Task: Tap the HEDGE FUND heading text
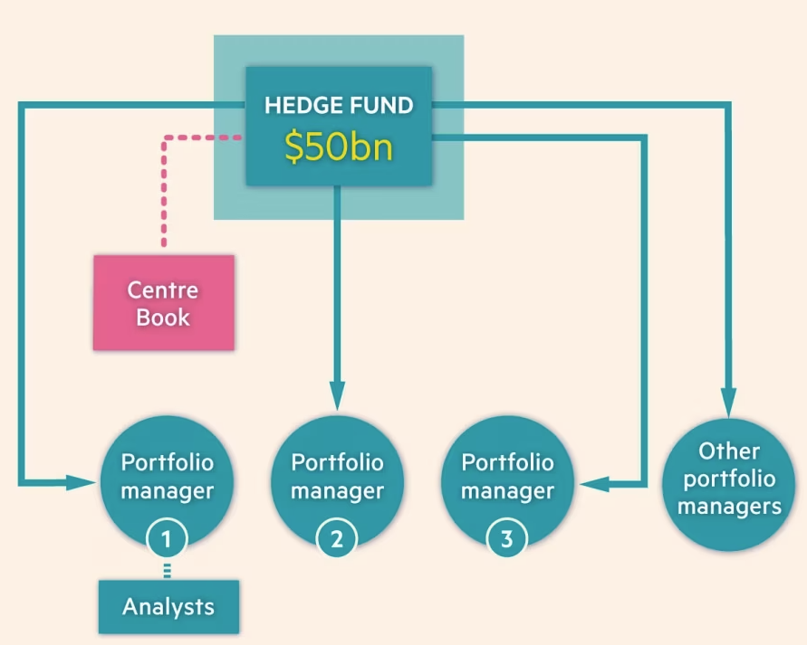tap(339, 105)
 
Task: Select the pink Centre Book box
tap(164, 303)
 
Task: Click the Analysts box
tap(168, 606)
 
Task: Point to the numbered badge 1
tap(167, 539)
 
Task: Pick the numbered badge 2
tap(337, 540)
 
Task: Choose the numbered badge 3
tap(506, 540)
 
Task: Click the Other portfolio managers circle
tap(729, 479)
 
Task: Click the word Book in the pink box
tap(163, 317)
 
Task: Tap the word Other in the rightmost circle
tap(729, 451)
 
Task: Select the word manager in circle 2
tap(337, 491)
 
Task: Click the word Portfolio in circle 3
tap(507, 462)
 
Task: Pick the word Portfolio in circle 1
tap(168, 462)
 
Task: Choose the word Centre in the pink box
tap(163, 290)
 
